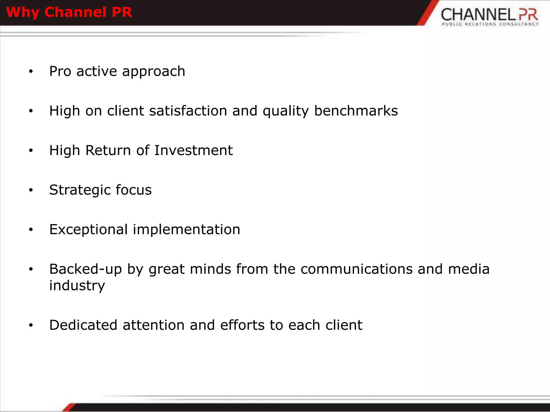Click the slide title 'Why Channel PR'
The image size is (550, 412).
pos(69,12)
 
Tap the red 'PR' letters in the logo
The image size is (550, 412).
pos(528,14)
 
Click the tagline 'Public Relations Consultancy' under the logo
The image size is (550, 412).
pos(490,24)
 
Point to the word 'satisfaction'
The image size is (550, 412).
pos(188,111)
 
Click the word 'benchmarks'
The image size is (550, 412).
pos(356,111)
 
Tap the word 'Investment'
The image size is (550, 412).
pos(193,150)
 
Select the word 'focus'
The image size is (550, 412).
pos(133,190)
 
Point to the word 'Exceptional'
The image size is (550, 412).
pos(88,230)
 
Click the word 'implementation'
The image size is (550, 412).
pos(186,230)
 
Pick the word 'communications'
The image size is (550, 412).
pos(356,269)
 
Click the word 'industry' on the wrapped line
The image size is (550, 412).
pos(77,286)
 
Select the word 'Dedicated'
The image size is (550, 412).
pos(83,325)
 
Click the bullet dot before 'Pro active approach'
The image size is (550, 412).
pos(31,71)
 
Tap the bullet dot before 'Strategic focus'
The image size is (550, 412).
pos(31,190)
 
